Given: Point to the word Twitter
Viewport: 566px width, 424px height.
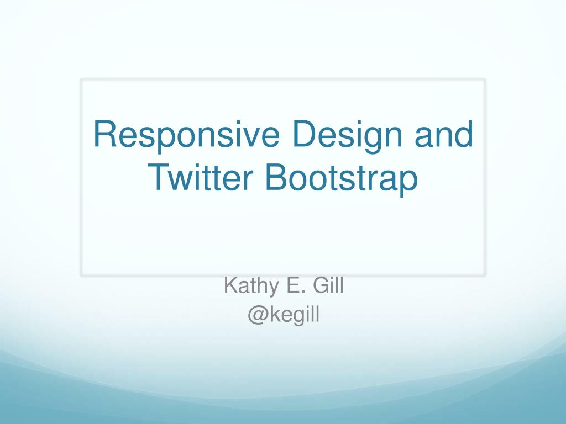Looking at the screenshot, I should [x=201, y=178].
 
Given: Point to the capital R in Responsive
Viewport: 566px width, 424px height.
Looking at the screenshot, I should [x=104, y=135].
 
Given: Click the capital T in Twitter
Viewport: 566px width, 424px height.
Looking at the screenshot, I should [x=160, y=178].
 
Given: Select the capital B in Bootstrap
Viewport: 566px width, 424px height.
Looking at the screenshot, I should [x=275, y=178].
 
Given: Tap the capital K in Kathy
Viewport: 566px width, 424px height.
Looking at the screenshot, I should [x=229, y=286].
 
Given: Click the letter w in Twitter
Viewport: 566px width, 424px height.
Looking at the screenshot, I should [x=180, y=180].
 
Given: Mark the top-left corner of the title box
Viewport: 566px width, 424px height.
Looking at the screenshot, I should [x=82, y=79].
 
